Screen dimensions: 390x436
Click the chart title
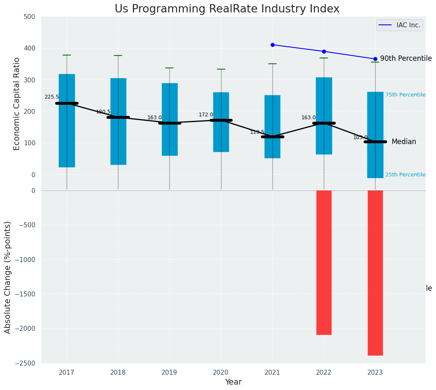point(227,9)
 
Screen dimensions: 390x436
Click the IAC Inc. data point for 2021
point(272,45)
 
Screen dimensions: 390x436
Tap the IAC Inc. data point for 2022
point(324,51)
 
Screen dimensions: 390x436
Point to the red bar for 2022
point(324,262)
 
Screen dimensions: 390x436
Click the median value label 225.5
point(52,97)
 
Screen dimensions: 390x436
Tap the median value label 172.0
point(206,115)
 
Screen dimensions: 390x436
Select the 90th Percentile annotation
point(406,59)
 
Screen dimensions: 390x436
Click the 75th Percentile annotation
point(405,95)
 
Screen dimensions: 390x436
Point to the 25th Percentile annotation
point(405,175)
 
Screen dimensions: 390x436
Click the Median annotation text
point(404,142)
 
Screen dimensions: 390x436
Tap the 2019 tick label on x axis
point(169,373)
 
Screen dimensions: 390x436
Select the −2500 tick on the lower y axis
point(26,363)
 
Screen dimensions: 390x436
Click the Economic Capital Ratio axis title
point(17,104)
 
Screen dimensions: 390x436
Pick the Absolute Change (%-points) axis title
point(8,277)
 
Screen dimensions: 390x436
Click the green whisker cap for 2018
point(118,55)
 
